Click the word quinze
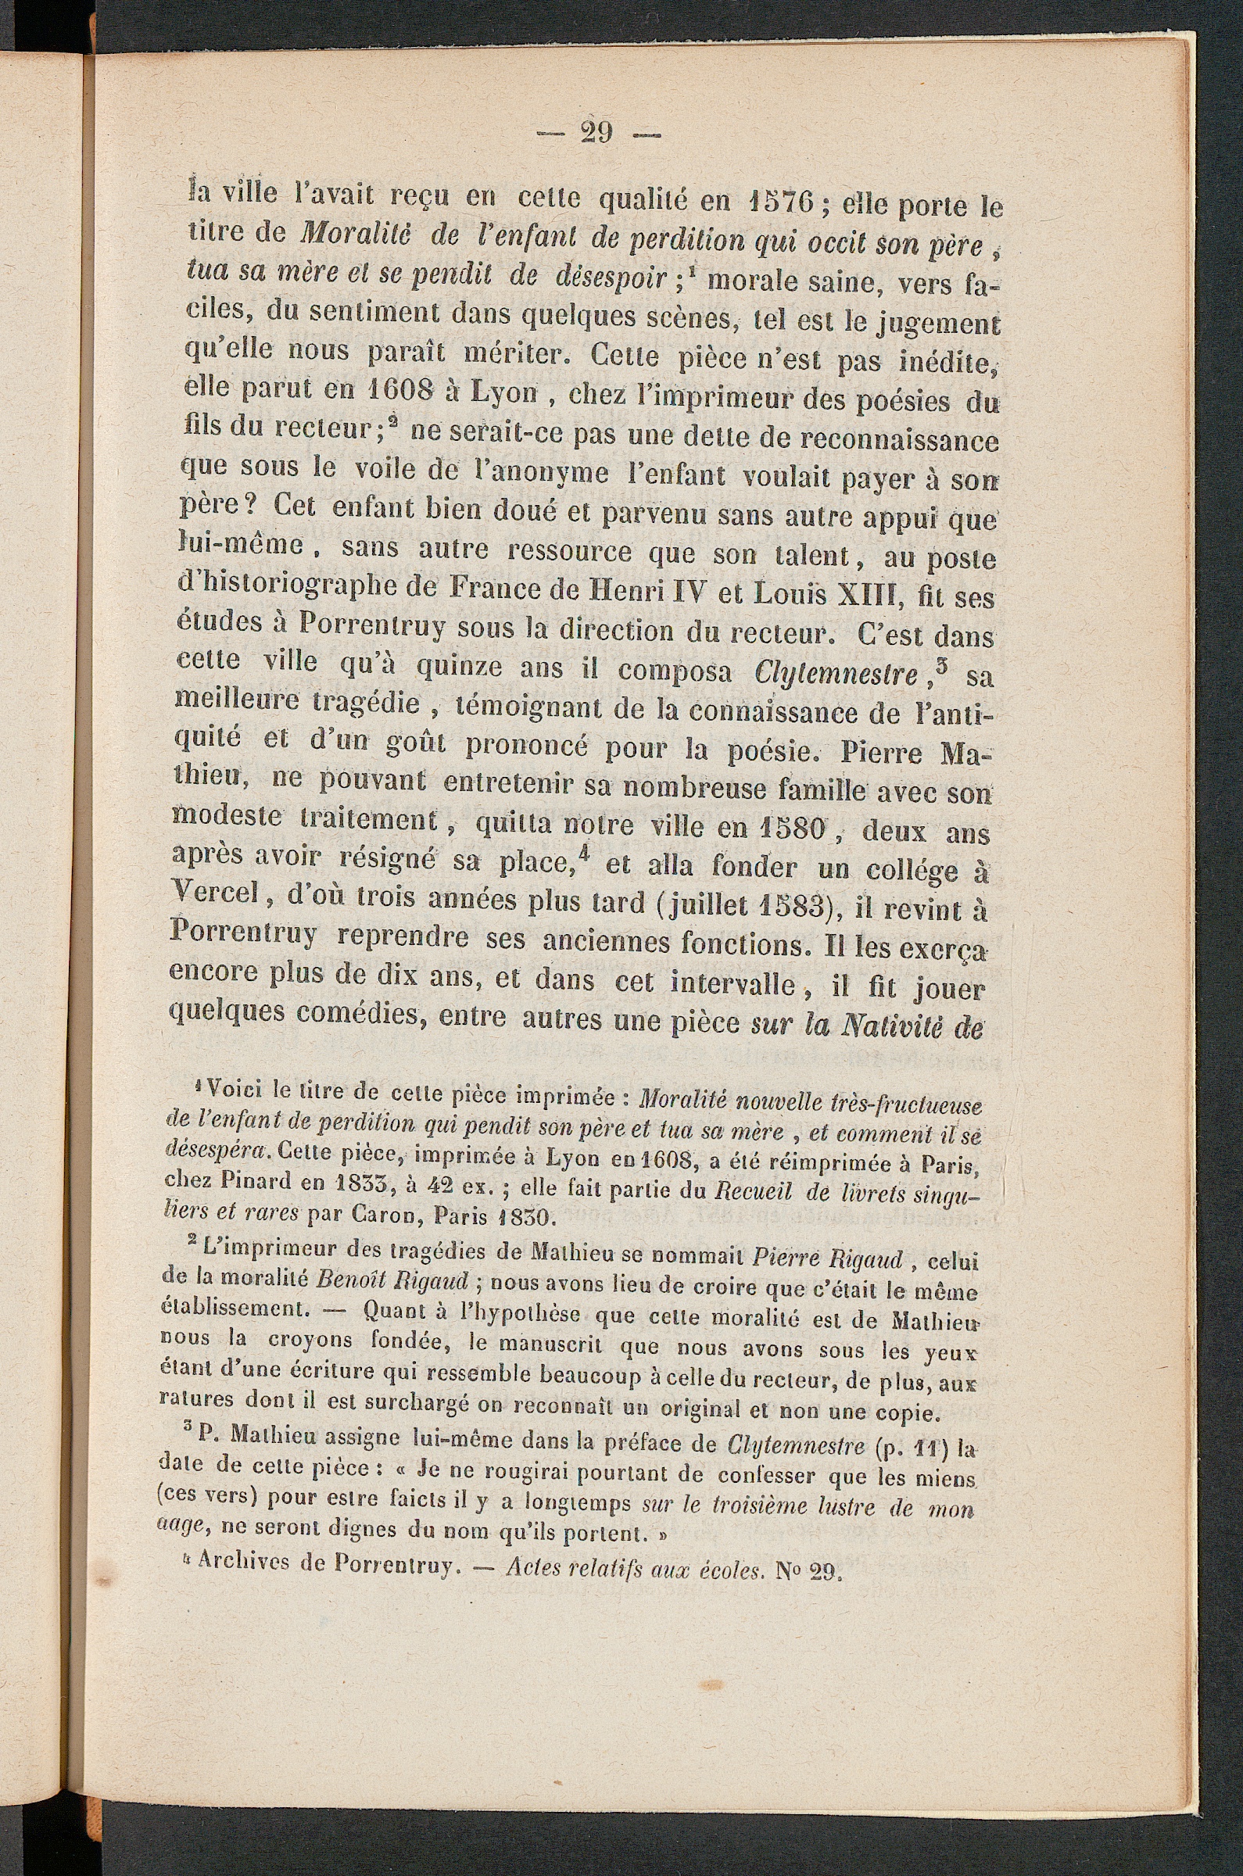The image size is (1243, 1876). (459, 668)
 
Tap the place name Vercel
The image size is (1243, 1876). (215, 896)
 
